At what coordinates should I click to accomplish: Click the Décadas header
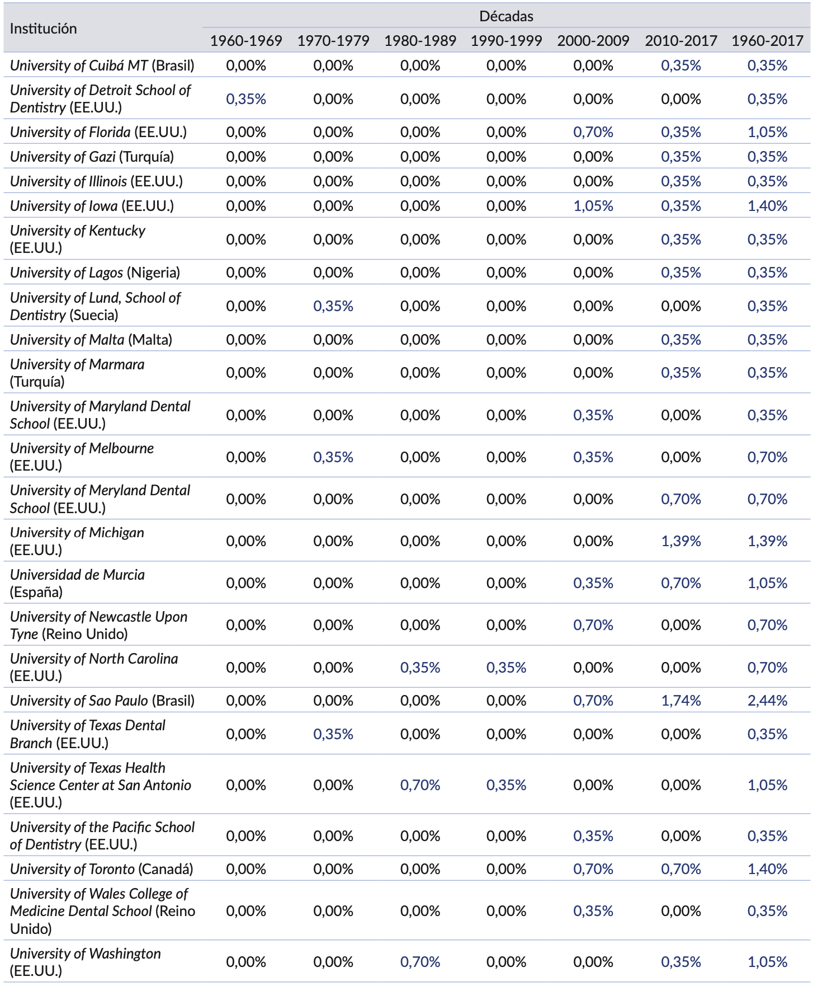point(506,16)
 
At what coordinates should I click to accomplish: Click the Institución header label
point(44,29)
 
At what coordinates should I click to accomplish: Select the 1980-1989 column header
point(420,41)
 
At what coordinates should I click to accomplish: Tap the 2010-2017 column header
point(680,41)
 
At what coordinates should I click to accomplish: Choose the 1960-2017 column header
point(767,41)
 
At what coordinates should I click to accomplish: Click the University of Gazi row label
point(92,157)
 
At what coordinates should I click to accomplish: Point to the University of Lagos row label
point(95,273)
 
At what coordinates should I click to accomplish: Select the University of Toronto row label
point(102,869)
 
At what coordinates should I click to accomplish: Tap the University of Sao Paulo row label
point(102,701)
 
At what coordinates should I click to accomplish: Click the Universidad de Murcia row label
point(77,583)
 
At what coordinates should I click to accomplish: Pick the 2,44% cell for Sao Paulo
point(767,701)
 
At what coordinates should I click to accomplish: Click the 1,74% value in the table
point(680,701)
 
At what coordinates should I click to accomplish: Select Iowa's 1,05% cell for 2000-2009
point(593,206)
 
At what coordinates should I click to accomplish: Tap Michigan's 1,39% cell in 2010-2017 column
point(680,541)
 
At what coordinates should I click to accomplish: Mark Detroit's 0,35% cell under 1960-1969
point(246,99)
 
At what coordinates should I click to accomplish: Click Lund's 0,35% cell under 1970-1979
point(333,306)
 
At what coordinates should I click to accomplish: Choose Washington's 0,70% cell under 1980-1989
point(420,962)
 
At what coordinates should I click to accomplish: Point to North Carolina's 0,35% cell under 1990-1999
point(506,668)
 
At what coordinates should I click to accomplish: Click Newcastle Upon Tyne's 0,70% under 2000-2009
point(593,625)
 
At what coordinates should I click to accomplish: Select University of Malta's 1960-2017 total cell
point(767,340)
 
